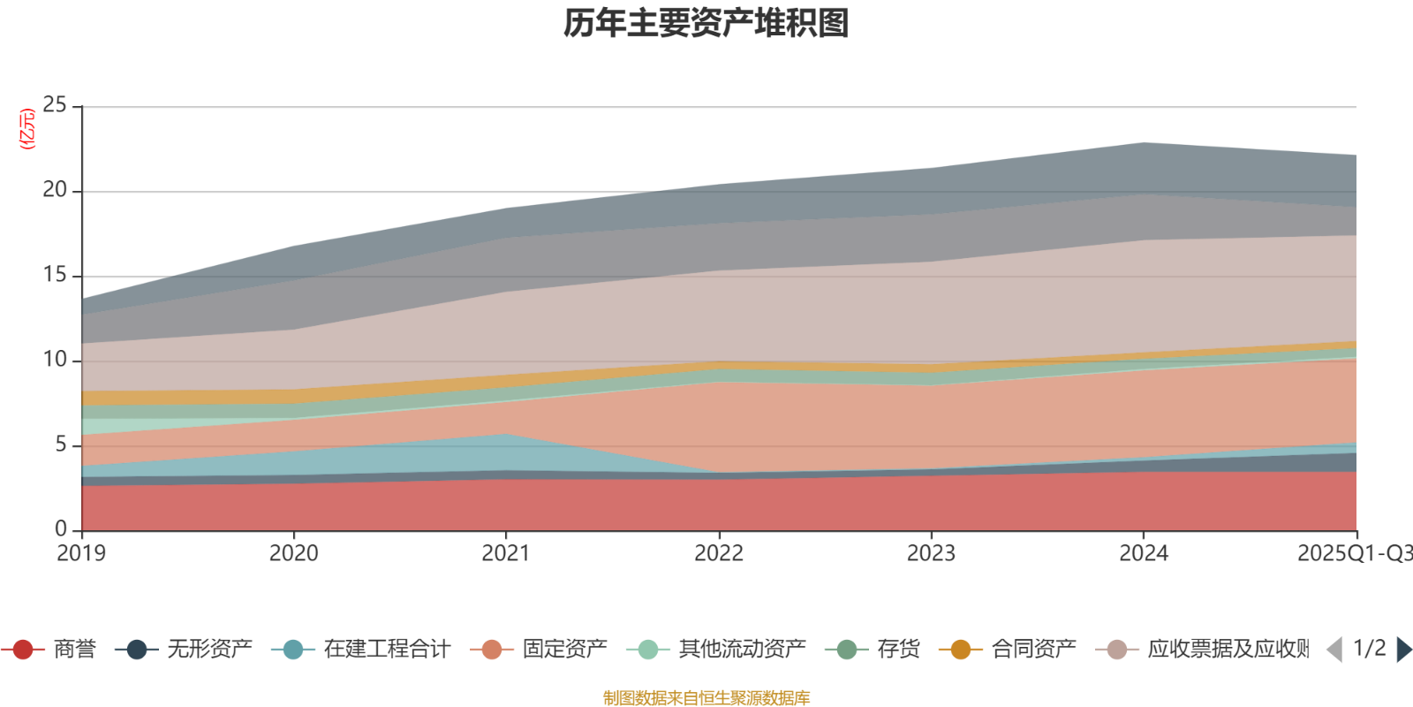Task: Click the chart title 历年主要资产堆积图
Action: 706,24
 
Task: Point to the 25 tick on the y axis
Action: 54,106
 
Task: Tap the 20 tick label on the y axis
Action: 54,191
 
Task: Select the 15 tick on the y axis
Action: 54,276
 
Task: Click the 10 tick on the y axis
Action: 54,361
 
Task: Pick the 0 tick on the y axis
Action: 60,529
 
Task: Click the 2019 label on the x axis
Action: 81,554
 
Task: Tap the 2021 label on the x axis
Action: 506,554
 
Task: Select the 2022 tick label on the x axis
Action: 719,554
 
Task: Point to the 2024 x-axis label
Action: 1144,554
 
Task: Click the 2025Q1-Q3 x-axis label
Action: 1353,554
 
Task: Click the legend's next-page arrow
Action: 1402,650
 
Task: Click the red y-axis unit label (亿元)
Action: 27,129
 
